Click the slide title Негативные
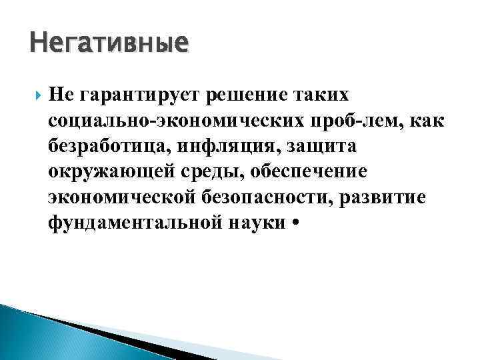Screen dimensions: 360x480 (109, 45)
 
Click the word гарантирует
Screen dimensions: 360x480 (143, 95)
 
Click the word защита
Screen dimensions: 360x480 (316, 146)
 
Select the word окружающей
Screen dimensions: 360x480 (107, 171)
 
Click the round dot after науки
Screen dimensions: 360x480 (295, 223)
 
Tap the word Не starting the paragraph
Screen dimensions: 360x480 (61, 95)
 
